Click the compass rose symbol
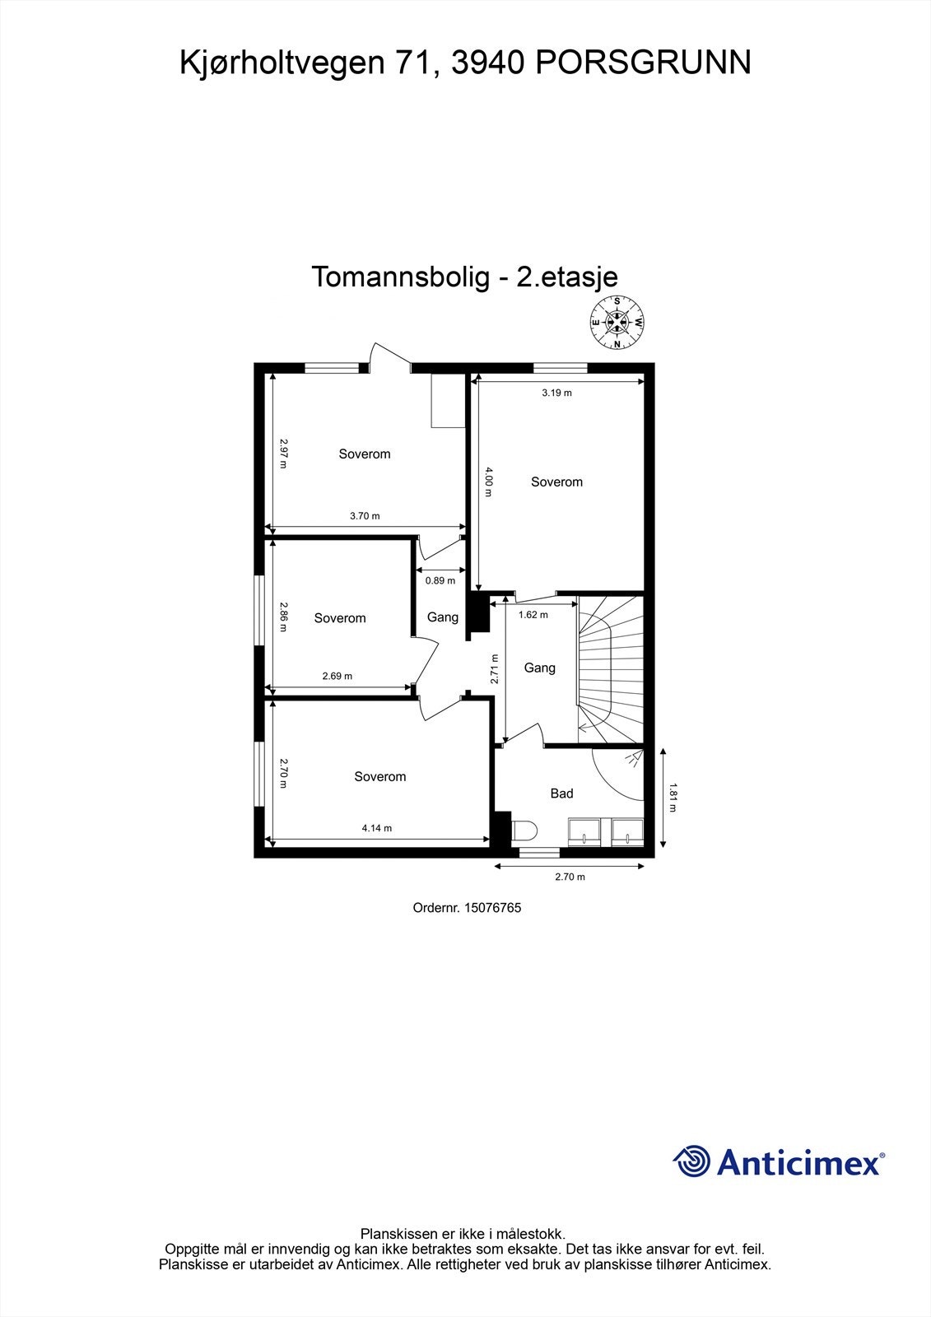[x=617, y=323]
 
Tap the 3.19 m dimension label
[x=556, y=393]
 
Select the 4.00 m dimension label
[x=488, y=482]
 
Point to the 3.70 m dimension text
[x=365, y=516]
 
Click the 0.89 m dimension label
[x=440, y=580]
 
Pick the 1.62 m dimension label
[x=533, y=614]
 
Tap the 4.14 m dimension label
[x=377, y=828]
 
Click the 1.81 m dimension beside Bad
[x=672, y=797]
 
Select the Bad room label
[x=561, y=793]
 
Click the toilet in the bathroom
[x=524, y=830]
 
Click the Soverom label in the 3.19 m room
[x=556, y=482]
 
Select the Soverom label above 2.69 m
[x=340, y=618]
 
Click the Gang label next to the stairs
[x=540, y=668]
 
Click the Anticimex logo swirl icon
[x=691, y=1161]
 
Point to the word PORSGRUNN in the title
[x=644, y=63]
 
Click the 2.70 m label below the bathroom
[x=570, y=877]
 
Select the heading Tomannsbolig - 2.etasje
[x=464, y=277]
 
